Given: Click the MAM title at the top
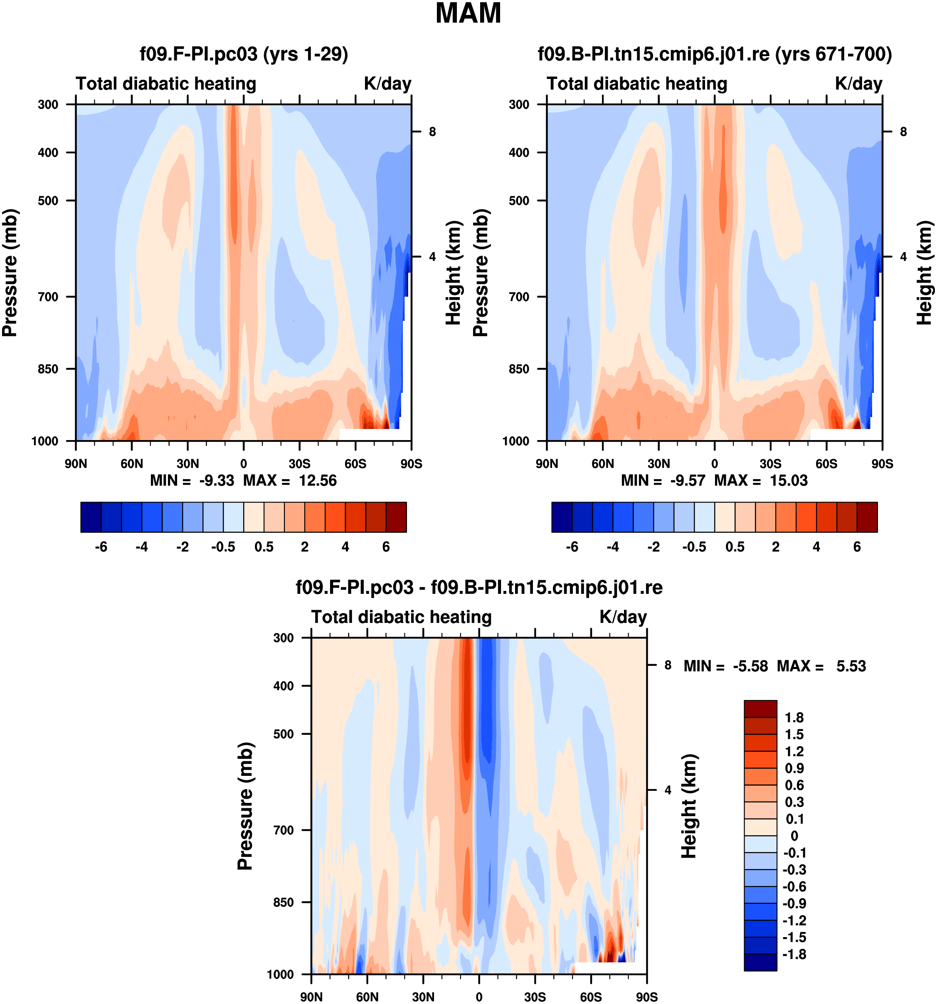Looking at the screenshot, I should pyautogui.click(x=468, y=14).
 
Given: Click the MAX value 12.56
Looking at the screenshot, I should pyautogui.click(x=317, y=480).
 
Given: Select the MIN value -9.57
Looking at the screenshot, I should pyautogui.click(x=687, y=480).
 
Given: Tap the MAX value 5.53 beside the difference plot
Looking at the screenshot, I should pyautogui.click(x=851, y=666).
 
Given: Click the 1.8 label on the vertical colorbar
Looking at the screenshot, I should pyautogui.click(x=794, y=718).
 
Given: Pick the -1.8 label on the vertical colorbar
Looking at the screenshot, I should pyautogui.click(x=794, y=954).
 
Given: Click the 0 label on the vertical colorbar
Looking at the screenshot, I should pyautogui.click(x=794, y=836).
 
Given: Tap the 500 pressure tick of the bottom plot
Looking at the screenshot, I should pyautogui.click(x=284, y=734).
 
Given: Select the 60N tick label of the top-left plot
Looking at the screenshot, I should pyautogui.click(x=132, y=464).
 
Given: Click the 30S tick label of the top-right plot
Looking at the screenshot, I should pyautogui.click(x=770, y=464).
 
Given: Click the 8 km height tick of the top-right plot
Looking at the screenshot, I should pyautogui.click(x=903, y=132).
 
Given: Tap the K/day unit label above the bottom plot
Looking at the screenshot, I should pyautogui.click(x=623, y=617).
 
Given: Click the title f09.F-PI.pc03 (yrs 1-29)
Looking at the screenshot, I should pyautogui.click(x=244, y=54).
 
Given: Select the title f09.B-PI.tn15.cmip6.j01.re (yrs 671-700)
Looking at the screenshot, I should pyautogui.click(x=714, y=54).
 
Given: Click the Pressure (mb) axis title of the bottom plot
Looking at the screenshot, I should pyautogui.click(x=245, y=806).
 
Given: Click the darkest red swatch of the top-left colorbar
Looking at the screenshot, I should pyautogui.click(x=396, y=517).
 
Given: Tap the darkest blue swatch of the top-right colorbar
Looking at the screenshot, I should pyautogui.click(x=562, y=517).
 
